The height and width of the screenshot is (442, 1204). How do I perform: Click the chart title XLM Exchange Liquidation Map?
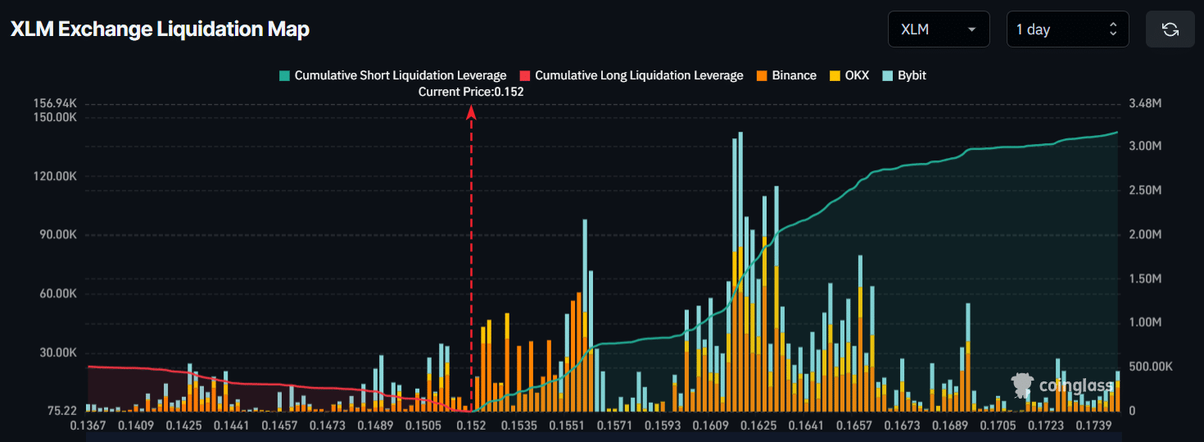point(160,29)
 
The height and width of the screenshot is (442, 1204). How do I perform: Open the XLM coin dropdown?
point(938,29)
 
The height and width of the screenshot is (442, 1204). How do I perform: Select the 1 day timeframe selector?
point(1066,29)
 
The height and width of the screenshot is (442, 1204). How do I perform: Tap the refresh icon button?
point(1170,29)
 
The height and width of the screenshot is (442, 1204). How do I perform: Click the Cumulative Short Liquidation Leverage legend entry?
point(392,75)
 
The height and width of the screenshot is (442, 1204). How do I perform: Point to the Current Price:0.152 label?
point(471,92)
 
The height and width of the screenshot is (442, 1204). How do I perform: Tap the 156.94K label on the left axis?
point(56,104)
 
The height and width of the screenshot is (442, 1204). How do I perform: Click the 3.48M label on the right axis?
point(1146,104)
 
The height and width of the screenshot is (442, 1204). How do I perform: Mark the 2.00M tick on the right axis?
point(1145,234)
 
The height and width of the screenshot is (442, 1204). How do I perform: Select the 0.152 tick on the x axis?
point(471,426)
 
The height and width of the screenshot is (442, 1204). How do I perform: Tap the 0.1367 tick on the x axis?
point(88,426)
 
